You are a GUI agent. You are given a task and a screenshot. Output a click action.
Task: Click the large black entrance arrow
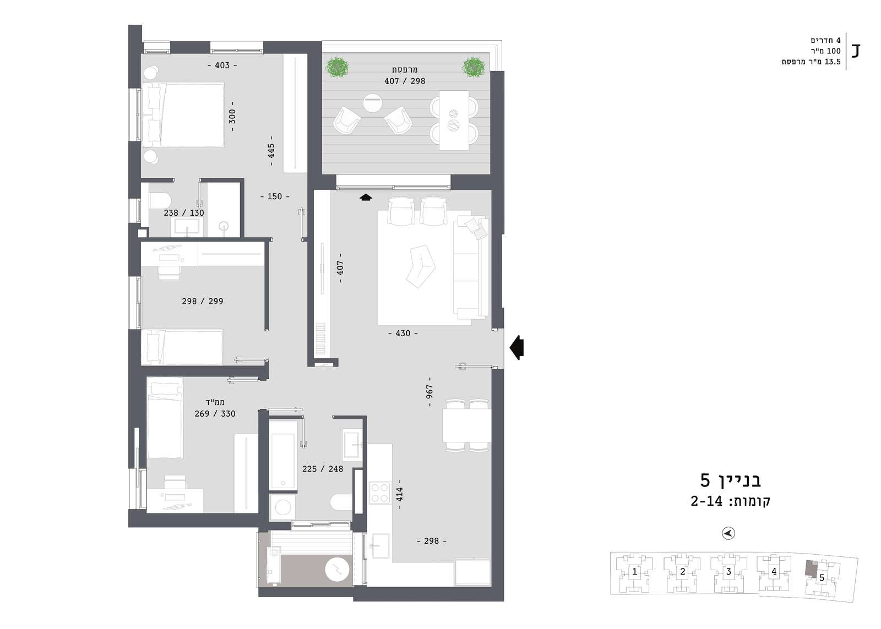pyautogui.click(x=517, y=348)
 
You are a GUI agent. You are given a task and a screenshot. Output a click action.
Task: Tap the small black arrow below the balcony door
pyautogui.click(x=366, y=198)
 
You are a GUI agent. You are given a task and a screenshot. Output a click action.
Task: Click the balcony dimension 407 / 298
pyautogui.click(x=405, y=81)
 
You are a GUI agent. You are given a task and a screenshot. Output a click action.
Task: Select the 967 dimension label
pyautogui.click(x=429, y=391)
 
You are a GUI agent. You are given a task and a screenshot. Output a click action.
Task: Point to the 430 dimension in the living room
pyautogui.click(x=403, y=333)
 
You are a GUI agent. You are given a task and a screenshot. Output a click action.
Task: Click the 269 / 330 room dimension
pyautogui.click(x=215, y=414)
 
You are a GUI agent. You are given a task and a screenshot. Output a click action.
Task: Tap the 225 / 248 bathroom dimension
pyautogui.click(x=323, y=469)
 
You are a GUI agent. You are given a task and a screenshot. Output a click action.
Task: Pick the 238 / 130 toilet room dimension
pyautogui.click(x=184, y=212)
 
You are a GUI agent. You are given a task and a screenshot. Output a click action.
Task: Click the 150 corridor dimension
pyautogui.click(x=275, y=196)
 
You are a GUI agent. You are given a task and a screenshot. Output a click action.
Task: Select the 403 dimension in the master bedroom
pyautogui.click(x=222, y=65)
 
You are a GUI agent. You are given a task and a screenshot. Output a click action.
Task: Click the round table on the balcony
pyautogui.click(x=372, y=102)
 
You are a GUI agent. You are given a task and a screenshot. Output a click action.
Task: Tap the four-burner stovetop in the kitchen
pyautogui.click(x=379, y=493)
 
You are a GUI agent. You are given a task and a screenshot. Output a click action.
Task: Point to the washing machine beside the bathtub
pyautogui.click(x=283, y=507)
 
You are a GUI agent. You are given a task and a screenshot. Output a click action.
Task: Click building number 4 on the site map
pyautogui.click(x=774, y=571)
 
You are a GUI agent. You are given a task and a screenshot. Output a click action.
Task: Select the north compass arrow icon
pyautogui.click(x=728, y=533)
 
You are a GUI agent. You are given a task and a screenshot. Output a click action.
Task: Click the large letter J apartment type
pyautogui.click(x=856, y=51)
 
